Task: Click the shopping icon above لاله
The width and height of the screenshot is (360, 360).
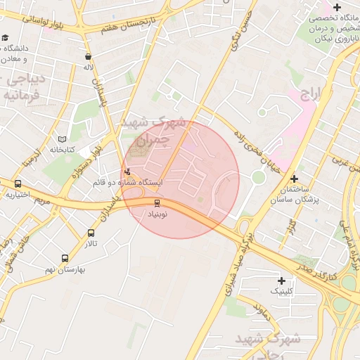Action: click(88, 57)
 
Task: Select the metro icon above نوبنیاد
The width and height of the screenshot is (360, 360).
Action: click(157, 204)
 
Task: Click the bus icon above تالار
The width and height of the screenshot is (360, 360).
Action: click(91, 233)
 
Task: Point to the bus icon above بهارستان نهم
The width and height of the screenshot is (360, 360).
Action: click(65, 258)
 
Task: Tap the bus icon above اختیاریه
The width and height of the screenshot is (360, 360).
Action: click(18, 184)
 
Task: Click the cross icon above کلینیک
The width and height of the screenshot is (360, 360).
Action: click(281, 280)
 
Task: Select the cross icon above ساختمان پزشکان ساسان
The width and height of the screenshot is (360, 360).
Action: click(294, 179)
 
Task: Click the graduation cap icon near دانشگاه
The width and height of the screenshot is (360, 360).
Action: click(6, 37)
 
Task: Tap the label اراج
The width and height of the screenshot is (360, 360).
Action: click(310, 94)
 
